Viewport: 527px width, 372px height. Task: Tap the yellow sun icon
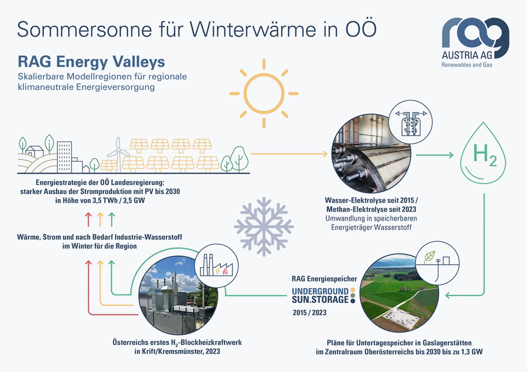point(264,94)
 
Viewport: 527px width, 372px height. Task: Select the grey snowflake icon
point(264,227)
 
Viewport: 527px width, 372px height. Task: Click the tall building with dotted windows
point(64,157)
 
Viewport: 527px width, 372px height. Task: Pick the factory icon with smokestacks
point(216,265)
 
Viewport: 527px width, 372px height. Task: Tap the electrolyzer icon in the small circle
point(411,123)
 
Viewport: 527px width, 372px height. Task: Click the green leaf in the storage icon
point(430,257)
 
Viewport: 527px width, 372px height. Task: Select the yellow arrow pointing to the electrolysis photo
point(289,154)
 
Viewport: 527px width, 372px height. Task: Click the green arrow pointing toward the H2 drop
point(434,155)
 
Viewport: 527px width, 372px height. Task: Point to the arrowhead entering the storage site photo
point(448,295)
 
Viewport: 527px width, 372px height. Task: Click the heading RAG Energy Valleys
point(91,62)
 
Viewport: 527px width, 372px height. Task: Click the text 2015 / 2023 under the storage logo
point(309,313)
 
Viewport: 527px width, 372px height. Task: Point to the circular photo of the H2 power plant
point(178,295)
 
